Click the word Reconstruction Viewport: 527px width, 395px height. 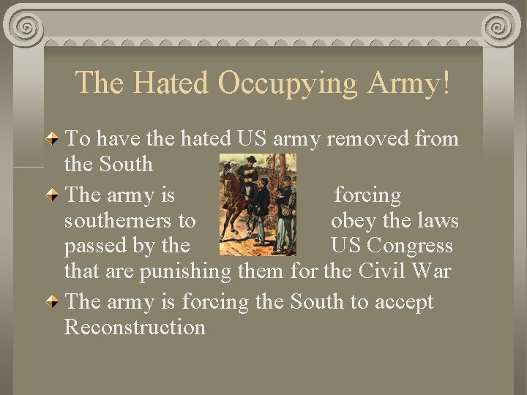tap(135, 327)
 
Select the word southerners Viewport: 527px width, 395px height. tap(130, 220)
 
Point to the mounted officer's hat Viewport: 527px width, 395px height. tap(251, 159)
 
